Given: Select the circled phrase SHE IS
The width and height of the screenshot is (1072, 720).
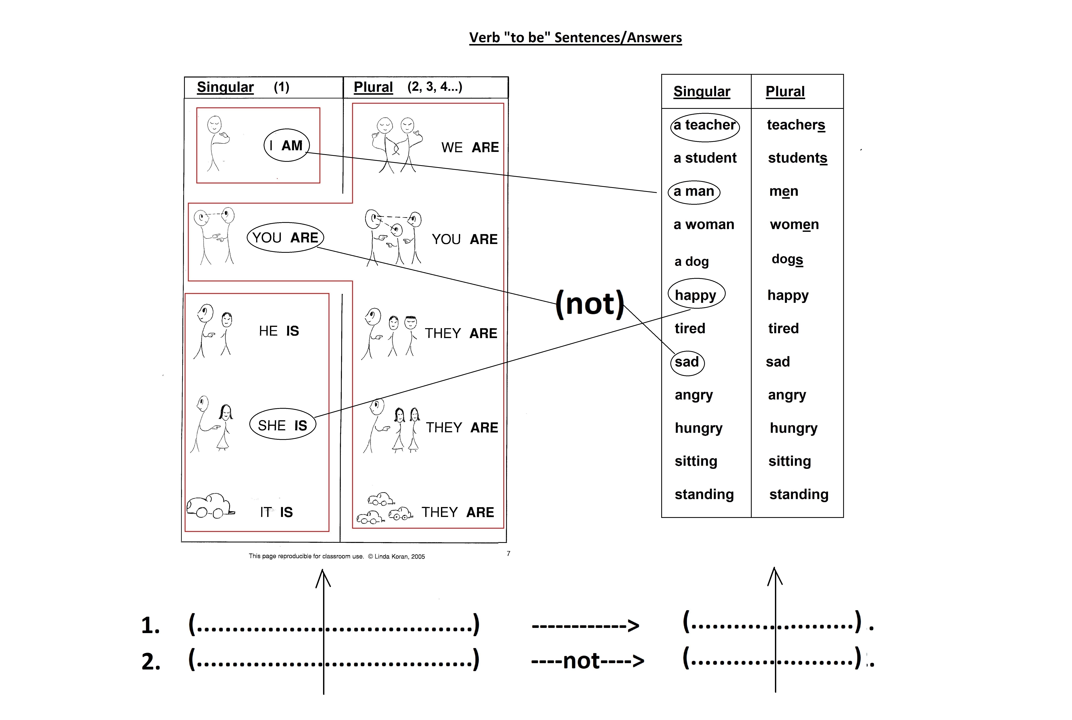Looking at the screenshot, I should [282, 425].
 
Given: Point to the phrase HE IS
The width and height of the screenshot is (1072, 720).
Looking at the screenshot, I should [279, 331].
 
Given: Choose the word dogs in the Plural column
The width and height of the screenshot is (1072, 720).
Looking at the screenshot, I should [787, 259].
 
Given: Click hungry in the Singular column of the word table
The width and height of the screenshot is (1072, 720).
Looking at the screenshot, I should [698, 428].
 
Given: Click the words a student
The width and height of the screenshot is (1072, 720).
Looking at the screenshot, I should [705, 158].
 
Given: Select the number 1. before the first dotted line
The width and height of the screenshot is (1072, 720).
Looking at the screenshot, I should [151, 625].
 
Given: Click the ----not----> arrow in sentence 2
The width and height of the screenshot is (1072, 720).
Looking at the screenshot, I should [587, 661].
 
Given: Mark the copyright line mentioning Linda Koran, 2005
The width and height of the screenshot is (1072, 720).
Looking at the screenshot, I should [337, 556].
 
